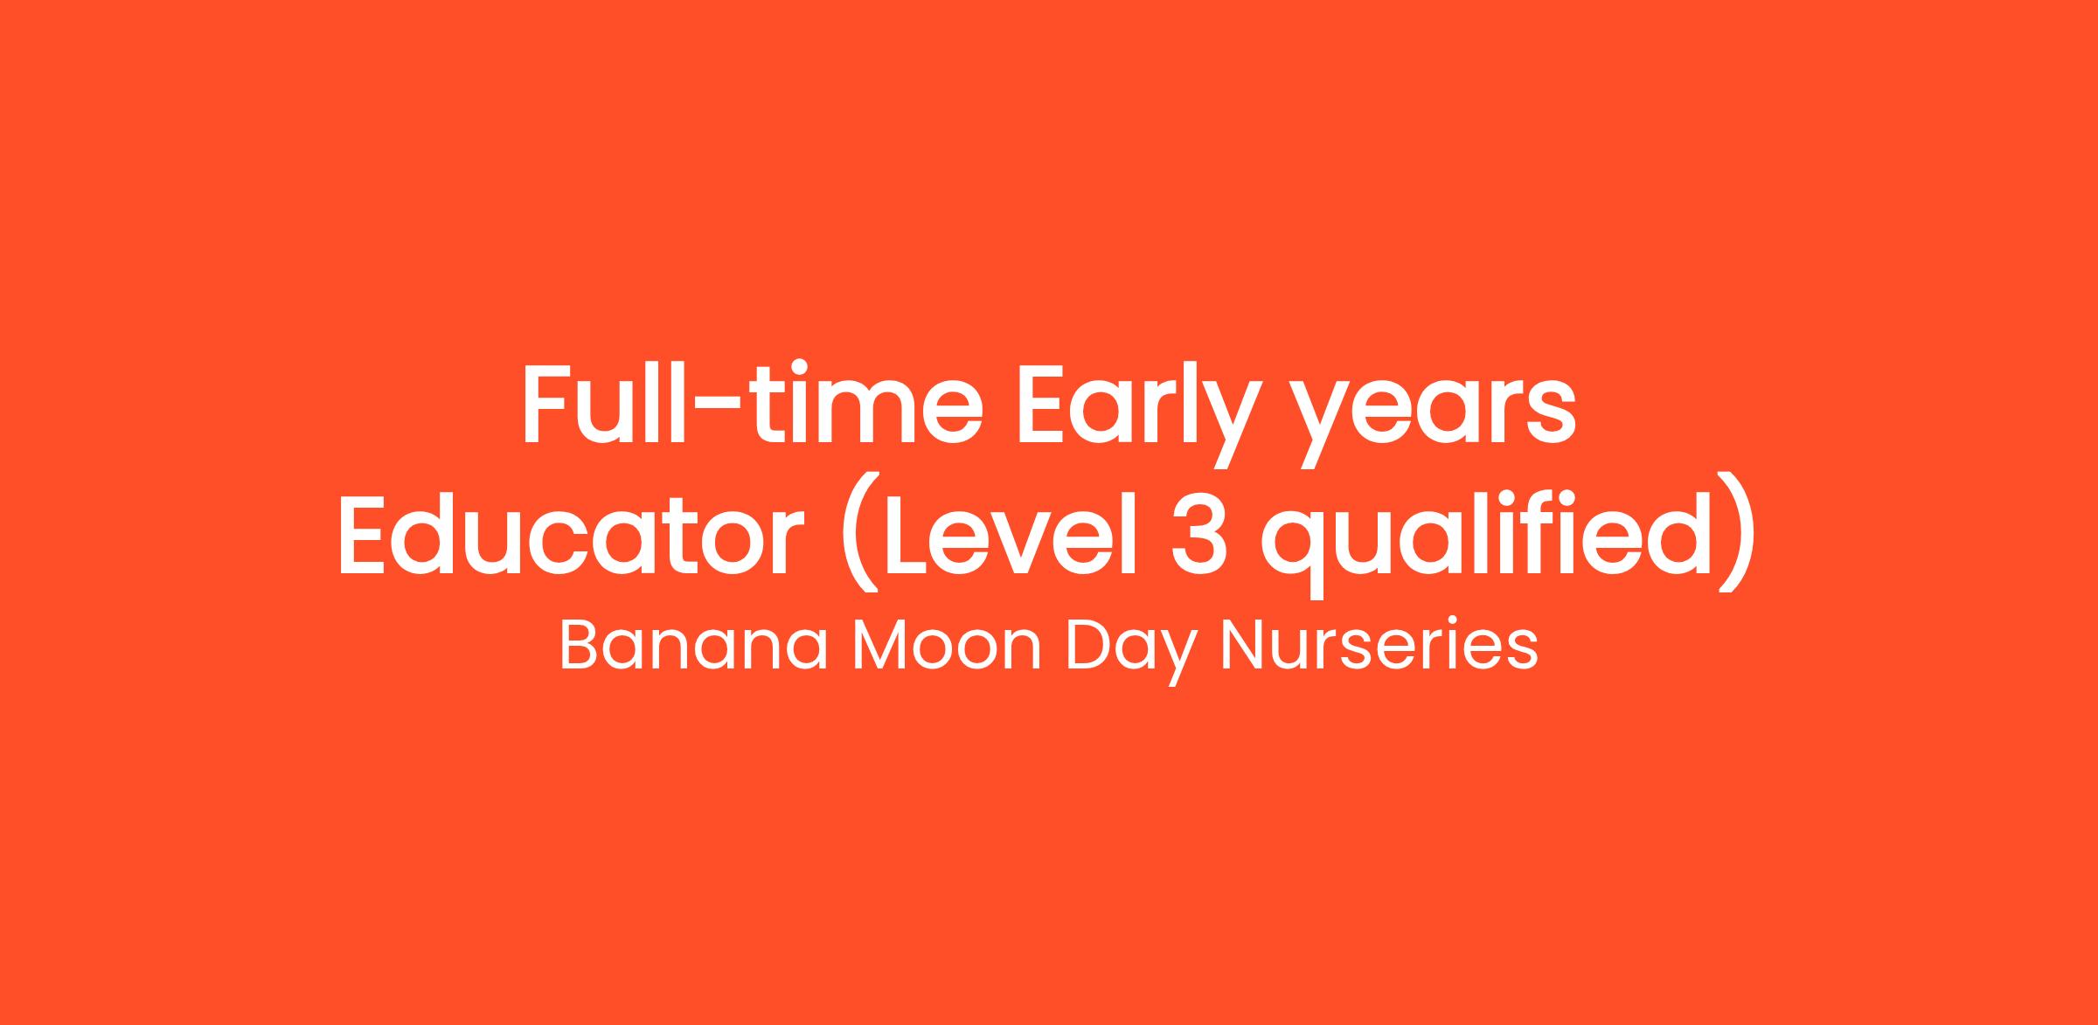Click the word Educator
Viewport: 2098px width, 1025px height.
pos(571,533)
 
